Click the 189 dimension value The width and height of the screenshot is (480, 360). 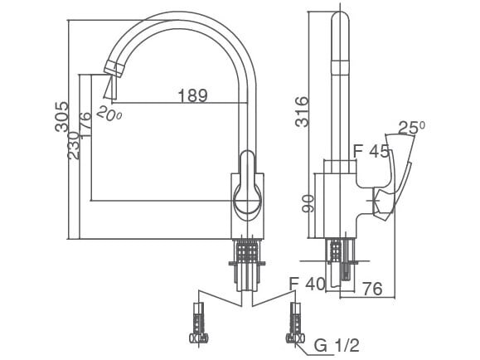[192, 96]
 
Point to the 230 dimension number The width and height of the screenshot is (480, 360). [74, 146]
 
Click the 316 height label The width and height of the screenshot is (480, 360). [303, 112]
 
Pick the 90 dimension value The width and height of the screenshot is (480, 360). [307, 203]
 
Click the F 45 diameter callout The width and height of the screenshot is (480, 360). [371, 152]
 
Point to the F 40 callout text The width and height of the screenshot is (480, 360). [307, 284]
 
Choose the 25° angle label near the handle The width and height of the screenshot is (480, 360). [411, 128]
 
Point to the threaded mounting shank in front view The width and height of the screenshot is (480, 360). [245, 253]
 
